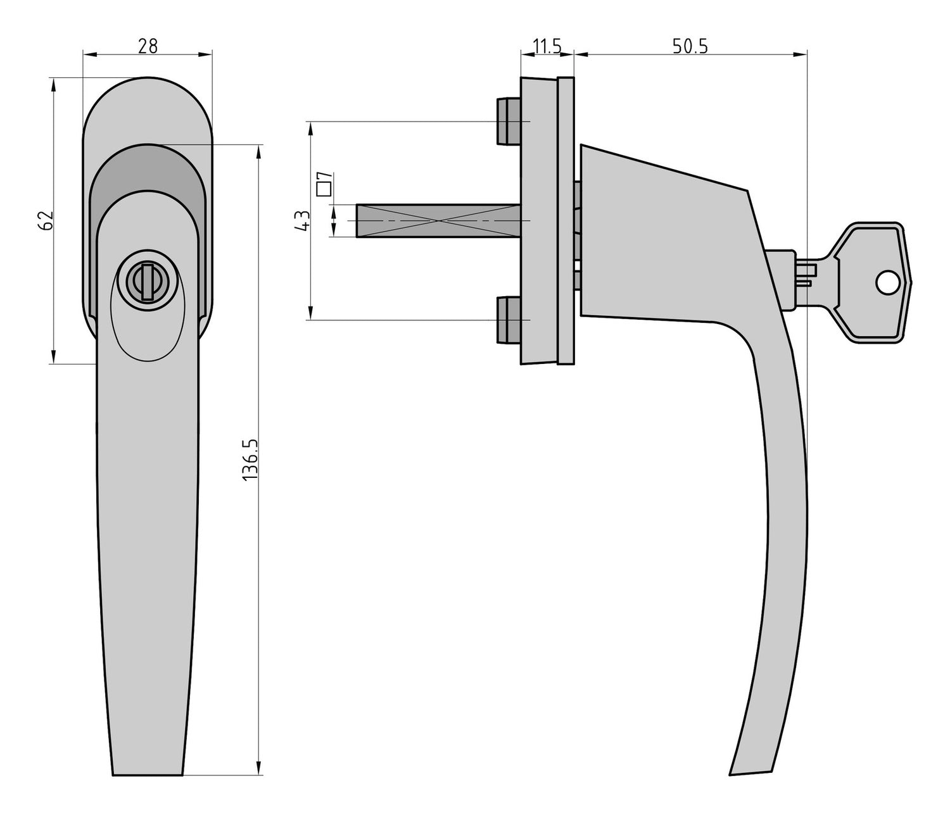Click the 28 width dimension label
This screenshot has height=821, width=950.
click(x=147, y=46)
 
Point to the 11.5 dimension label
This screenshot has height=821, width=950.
click(x=547, y=46)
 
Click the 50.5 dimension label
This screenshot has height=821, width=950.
click(x=690, y=46)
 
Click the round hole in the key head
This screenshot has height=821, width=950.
click(x=887, y=283)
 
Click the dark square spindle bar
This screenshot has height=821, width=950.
click(x=437, y=221)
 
